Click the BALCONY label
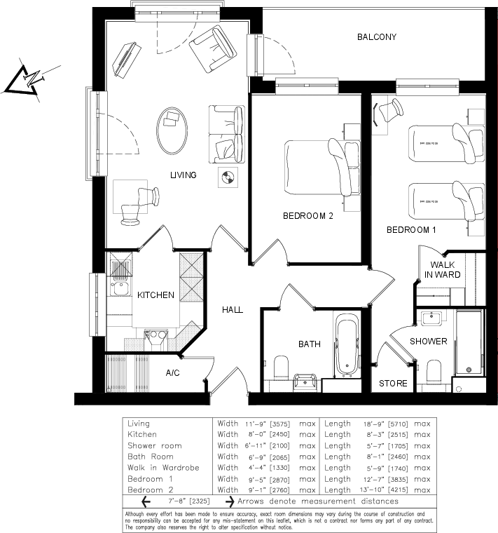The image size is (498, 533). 377,37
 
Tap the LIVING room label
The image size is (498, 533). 182,175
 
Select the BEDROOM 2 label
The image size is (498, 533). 307,216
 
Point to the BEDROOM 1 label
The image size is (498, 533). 412,230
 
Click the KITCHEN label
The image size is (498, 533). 155,295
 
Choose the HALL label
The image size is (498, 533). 233,309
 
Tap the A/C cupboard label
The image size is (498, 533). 172,373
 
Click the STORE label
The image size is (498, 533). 393,384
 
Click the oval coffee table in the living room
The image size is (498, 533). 172,130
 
